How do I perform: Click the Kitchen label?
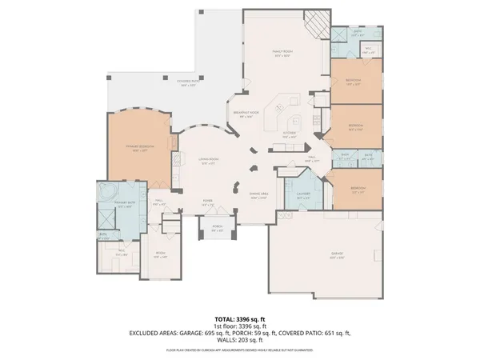click(x=290, y=135)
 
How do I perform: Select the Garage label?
click(x=338, y=256)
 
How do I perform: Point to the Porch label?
click(x=217, y=231)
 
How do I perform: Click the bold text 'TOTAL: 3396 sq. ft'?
click(x=240, y=319)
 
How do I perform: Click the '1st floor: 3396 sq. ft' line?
click(x=240, y=326)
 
